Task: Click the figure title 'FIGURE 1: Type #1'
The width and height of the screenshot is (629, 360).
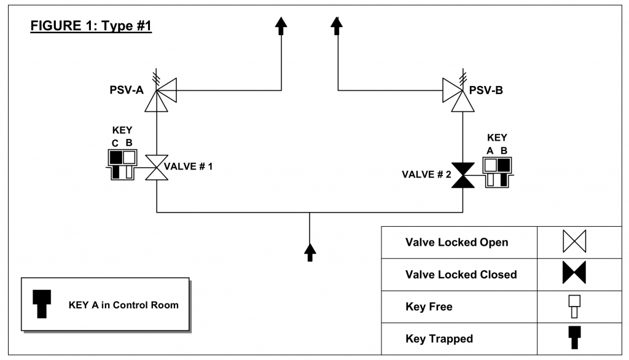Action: point(91,26)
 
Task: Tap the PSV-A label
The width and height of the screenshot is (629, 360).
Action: point(127,90)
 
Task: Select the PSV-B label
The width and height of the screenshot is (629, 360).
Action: point(486,90)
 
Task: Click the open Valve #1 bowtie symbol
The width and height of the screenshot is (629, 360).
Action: point(157,167)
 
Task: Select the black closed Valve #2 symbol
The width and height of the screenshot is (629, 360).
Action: point(463,175)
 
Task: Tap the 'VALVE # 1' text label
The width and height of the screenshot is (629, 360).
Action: point(188,166)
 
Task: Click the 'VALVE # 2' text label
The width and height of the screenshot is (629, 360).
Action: point(426,174)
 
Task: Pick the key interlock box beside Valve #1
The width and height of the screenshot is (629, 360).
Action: point(122,165)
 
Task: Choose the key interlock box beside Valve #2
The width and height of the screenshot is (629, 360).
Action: point(498,173)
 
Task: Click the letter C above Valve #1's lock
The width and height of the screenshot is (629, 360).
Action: point(115,143)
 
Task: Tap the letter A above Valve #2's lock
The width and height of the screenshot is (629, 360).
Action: point(490,151)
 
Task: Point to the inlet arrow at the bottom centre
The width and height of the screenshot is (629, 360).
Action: point(310,252)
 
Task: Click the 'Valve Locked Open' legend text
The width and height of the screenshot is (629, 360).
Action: point(456,243)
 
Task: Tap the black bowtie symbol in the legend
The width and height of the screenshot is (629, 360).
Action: point(574,273)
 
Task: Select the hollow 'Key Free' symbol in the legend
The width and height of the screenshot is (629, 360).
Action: point(574,307)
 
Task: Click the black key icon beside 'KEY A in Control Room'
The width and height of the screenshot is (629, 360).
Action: point(42,304)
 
